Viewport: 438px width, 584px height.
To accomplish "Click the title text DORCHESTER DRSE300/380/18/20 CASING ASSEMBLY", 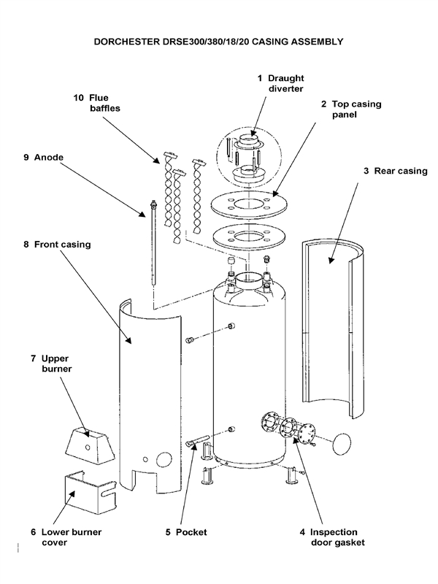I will tap(219, 42).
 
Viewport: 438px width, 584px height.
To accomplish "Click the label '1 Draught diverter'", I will tap(280, 84).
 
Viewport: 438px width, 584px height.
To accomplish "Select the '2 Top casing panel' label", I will tap(350, 109).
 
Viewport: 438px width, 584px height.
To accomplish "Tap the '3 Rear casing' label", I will tap(395, 171).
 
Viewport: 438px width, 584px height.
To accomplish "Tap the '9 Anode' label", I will tap(96, 102).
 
